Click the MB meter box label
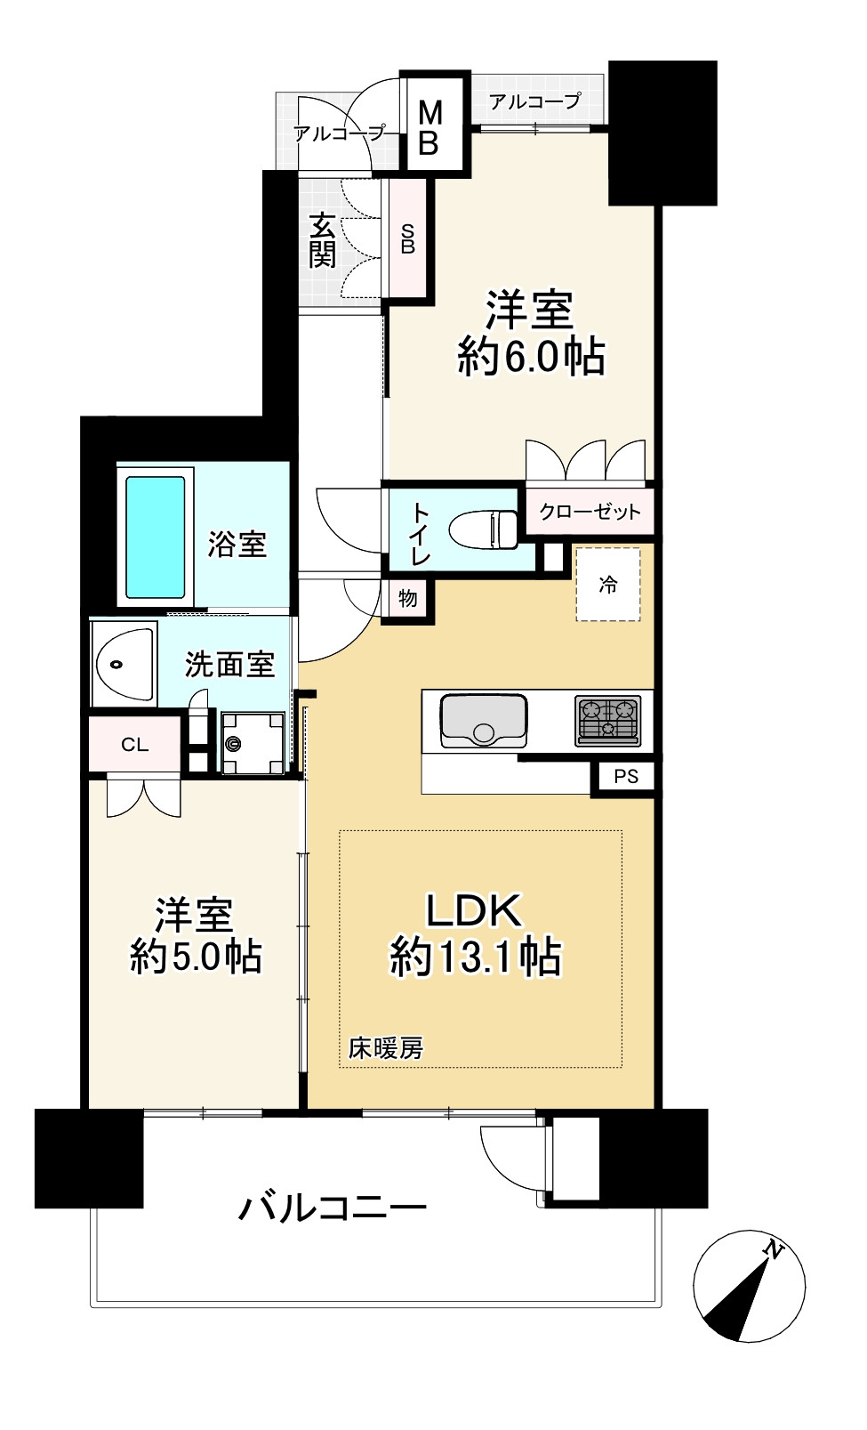[x=429, y=127]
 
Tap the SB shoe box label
[x=408, y=238]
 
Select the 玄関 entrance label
[x=322, y=240]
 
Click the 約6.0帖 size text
[x=531, y=357]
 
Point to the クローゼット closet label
[x=590, y=512]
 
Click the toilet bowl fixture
[x=484, y=530]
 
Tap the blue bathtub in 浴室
[x=156, y=537]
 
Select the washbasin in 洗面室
[x=124, y=664]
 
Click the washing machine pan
[x=252, y=742]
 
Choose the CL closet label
[x=134, y=745]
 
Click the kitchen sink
[x=482, y=720]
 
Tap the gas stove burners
[x=607, y=719]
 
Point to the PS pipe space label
[x=626, y=776]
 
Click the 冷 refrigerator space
[x=608, y=585]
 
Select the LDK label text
[x=473, y=910]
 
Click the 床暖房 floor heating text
[x=385, y=1048]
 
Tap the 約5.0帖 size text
[x=196, y=957]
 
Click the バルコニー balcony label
[x=333, y=1208]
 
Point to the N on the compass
[x=773, y=1250]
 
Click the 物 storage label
[x=408, y=598]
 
